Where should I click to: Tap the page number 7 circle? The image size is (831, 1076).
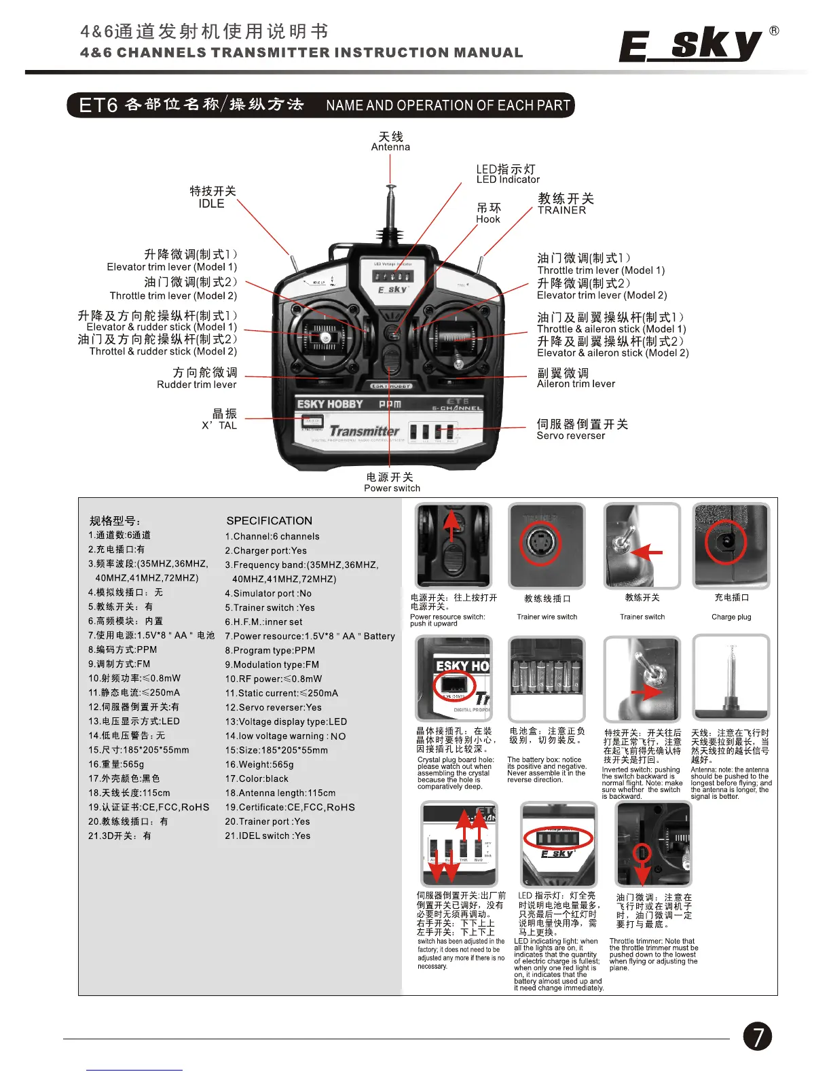[x=757, y=1036]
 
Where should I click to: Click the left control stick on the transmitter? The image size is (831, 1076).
[x=326, y=337]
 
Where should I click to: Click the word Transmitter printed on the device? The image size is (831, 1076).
[x=364, y=431]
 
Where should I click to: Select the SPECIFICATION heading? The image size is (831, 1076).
[x=269, y=521]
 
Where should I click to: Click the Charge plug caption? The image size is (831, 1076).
[x=731, y=617]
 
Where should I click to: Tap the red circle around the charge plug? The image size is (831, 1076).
[x=725, y=542]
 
